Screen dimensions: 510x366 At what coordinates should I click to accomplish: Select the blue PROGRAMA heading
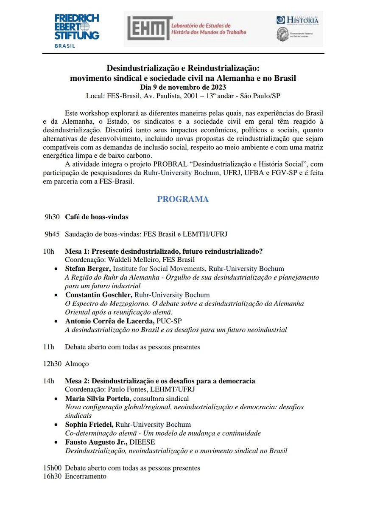[183, 199]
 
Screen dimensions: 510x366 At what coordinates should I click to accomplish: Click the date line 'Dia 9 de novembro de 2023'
[183, 87]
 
